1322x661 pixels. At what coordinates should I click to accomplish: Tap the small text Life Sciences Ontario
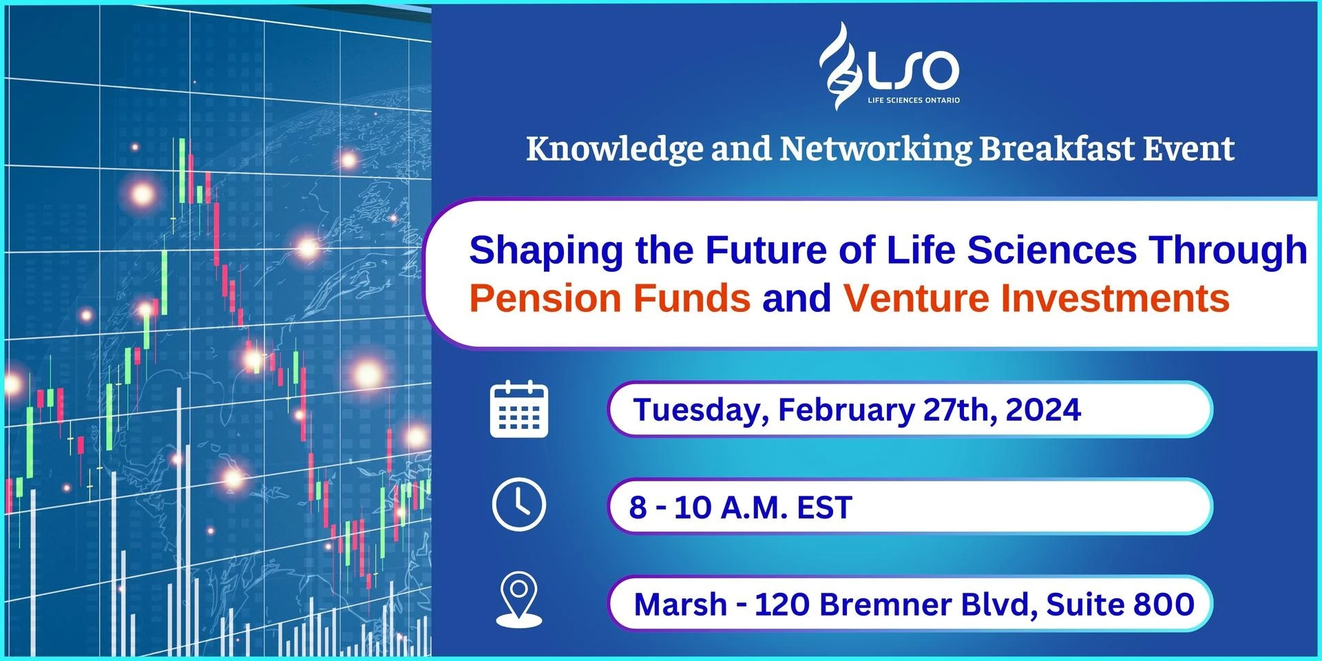(914, 101)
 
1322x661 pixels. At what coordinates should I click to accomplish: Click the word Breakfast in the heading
(1057, 149)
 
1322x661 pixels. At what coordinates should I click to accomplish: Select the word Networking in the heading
(876, 149)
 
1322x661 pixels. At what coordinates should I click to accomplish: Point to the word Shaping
(547, 251)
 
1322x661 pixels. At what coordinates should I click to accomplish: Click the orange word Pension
(545, 298)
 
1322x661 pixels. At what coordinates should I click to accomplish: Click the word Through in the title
(1228, 251)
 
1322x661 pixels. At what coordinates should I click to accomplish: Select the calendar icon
(519, 409)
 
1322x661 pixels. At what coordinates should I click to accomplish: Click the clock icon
(519, 505)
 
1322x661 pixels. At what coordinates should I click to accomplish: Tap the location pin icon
(519, 600)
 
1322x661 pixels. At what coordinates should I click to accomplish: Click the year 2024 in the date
(1043, 410)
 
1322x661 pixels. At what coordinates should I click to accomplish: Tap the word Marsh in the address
(680, 605)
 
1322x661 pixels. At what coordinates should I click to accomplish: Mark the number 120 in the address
(782, 605)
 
